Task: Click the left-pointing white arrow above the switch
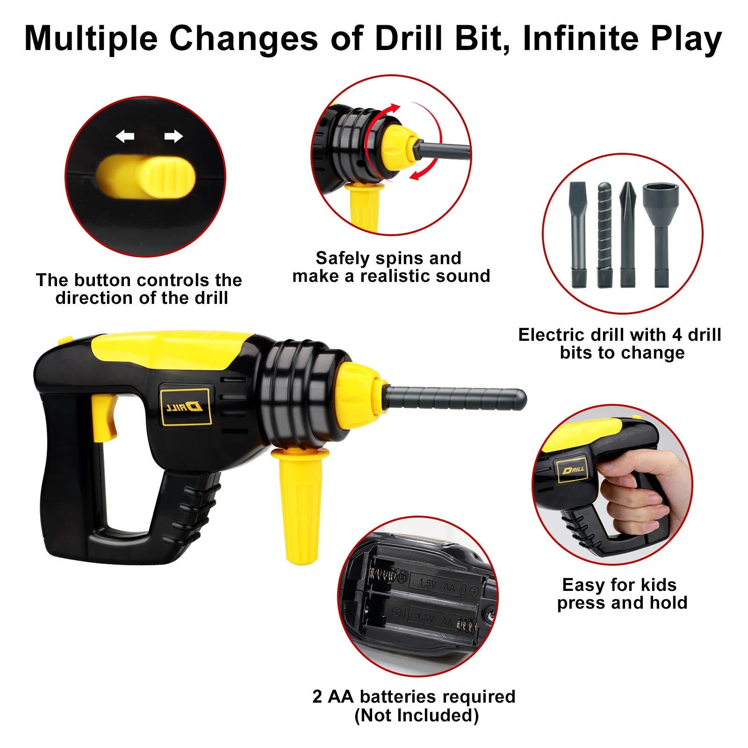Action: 125,137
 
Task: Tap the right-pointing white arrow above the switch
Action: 173,137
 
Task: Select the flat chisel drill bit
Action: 578,234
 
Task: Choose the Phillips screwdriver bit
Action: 628,234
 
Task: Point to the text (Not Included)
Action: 417,715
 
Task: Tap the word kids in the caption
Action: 659,585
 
